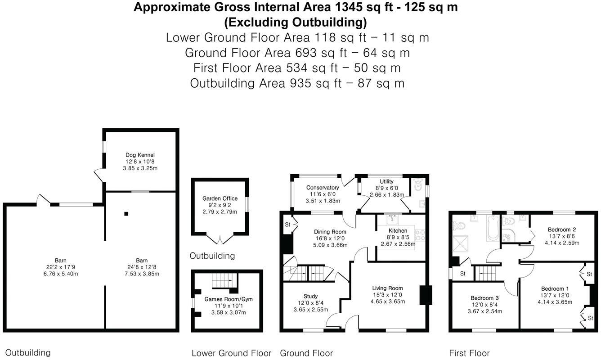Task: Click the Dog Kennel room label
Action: pos(140,155)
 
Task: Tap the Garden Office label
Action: pos(220,198)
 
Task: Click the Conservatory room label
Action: pos(323,188)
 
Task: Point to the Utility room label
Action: pos(386,182)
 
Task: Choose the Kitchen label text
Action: pos(398,231)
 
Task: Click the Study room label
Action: pos(310,296)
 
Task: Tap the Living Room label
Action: pos(387,288)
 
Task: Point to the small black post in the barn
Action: pos(127,214)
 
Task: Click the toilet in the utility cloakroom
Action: pos(418,184)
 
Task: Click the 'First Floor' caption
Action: pos(469,353)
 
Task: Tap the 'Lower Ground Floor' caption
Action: pos(231,353)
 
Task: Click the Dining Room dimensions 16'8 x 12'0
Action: pos(330,238)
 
